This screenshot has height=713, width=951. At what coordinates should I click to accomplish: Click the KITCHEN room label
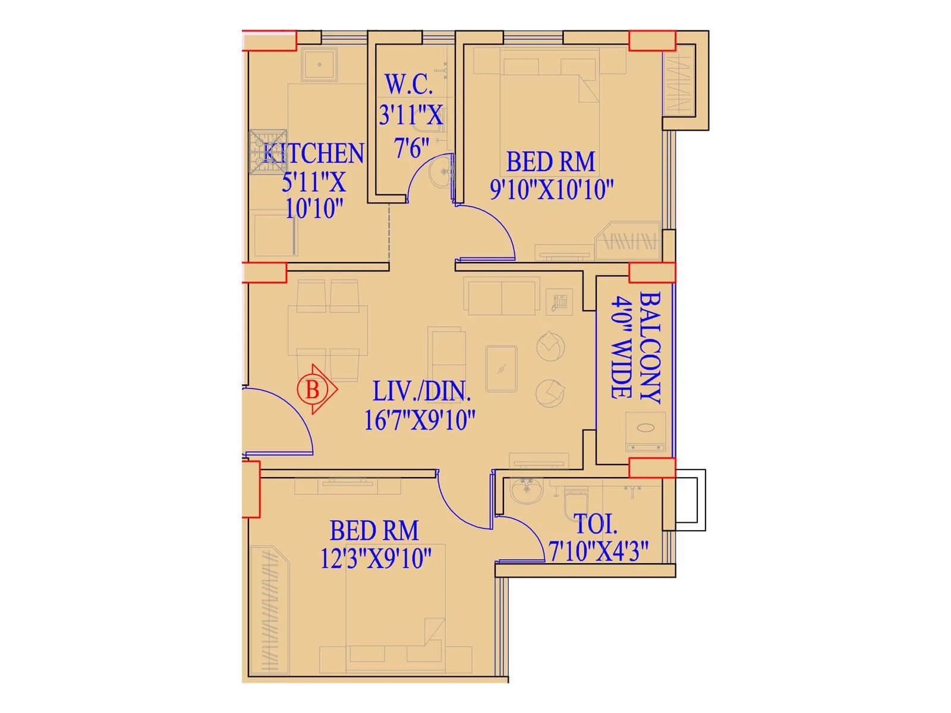click(313, 153)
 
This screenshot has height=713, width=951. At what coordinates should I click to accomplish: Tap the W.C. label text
click(409, 84)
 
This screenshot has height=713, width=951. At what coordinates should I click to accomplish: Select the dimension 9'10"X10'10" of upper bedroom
click(551, 190)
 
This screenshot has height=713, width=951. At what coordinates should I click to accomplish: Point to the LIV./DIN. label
click(421, 392)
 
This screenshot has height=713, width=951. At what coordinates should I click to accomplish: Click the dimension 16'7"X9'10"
click(420, 420)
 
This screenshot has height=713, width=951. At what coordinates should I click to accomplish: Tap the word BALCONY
click(651, 348)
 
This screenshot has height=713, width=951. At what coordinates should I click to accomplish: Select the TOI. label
click(596, 524)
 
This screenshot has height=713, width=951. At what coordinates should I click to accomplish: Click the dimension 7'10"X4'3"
click(598, 551)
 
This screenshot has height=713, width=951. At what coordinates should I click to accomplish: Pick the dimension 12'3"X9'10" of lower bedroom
click(375, 559)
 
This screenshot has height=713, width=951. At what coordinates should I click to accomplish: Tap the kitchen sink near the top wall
click(319, 64)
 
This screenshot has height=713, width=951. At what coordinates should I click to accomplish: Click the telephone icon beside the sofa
click(559, 302)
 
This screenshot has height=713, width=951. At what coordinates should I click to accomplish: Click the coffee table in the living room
click(501, 369)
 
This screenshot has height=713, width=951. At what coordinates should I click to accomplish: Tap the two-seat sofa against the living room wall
click(502, 297)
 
